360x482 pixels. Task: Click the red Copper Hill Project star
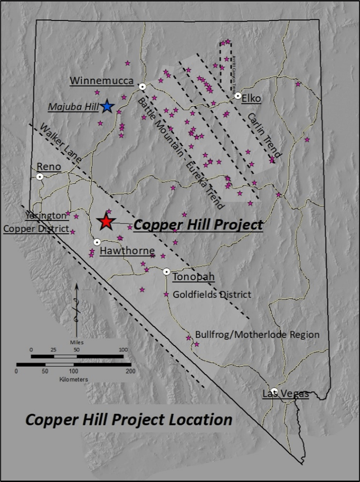[106, 222]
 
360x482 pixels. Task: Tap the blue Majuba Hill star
[107, 107]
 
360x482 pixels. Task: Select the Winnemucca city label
[102, 81]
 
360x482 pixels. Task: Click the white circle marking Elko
[238, 96]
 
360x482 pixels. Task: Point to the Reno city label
[49, 167]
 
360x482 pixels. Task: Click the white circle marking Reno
[40, 177]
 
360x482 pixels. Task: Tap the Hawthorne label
[127, 251]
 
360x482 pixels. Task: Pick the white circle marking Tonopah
[167, 271]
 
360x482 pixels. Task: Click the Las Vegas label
[285, 394]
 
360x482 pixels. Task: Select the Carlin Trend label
[264, 134]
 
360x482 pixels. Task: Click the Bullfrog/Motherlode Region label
[257, 335]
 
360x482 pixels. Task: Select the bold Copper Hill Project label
[198, 224]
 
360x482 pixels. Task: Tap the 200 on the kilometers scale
[131, 371]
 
